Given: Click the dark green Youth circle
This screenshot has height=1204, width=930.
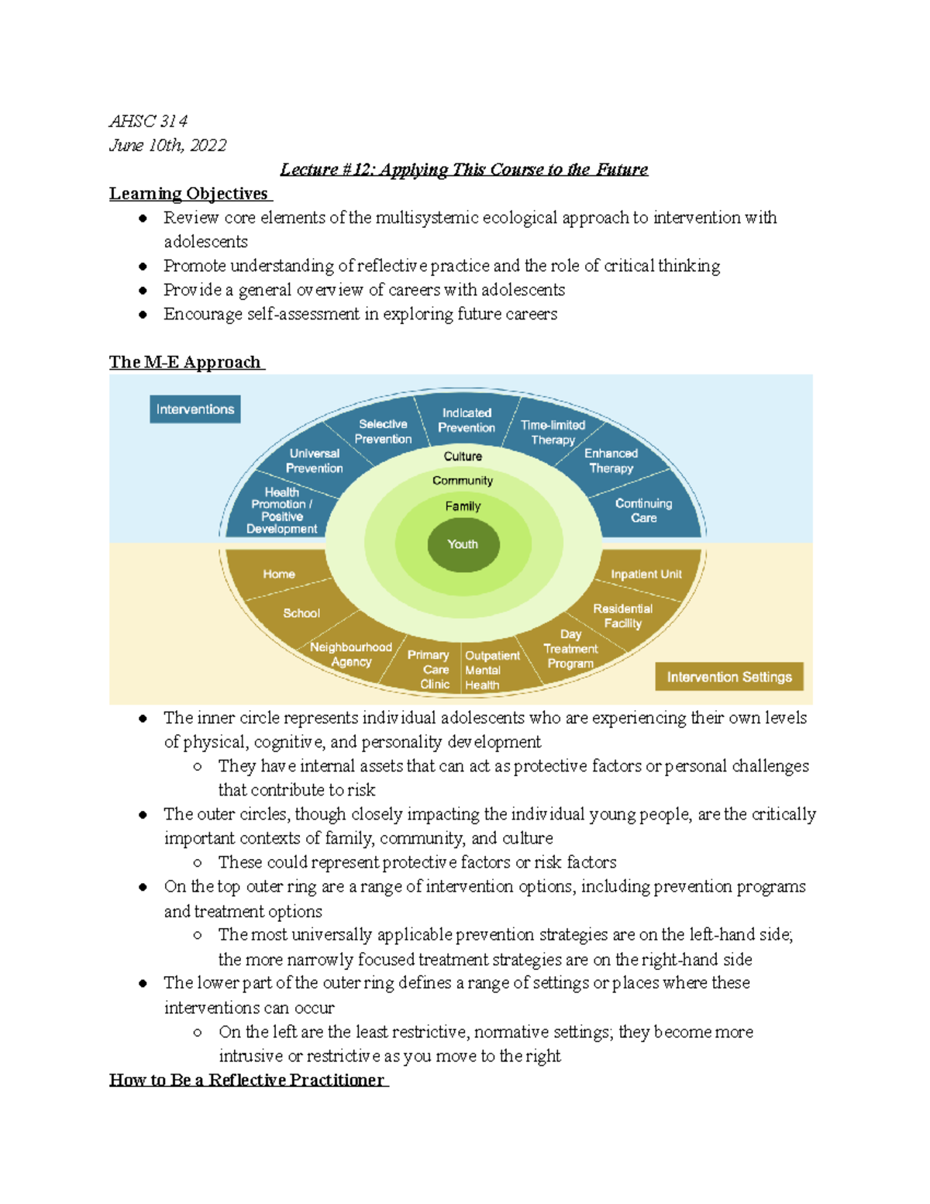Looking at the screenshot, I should click(x=463, y=544).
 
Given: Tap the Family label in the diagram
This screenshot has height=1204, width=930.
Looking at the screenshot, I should click(x=463, y=506).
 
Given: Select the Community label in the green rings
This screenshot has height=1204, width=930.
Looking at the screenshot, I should click(x=463, y=481).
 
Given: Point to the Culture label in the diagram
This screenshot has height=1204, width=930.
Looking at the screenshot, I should click(x=463, y=457).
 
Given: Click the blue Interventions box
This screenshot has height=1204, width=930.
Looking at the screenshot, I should click(x=195, y=409).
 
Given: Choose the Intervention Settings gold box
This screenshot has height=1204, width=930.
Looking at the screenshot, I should click(x=729, y=677).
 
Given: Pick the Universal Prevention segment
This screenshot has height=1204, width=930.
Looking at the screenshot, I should click(x=314, y=461).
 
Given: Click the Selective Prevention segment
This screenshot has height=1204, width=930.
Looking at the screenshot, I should click(x=383, y=431).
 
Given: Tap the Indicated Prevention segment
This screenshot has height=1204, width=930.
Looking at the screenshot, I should click(x=467, y=420).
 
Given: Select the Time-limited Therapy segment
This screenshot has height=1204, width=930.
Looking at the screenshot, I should click(x=553, y=432).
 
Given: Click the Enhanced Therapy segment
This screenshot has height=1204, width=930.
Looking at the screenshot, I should click(x=611, y=461).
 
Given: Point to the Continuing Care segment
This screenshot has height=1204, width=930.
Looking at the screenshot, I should click(x=643, y=510).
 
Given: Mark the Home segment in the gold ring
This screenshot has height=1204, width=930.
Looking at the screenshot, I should click(x=279, y=574).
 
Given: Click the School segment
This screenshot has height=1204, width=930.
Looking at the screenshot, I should click(x=301, y=613).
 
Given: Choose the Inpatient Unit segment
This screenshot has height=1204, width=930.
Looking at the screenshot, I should click(x=646, y=574).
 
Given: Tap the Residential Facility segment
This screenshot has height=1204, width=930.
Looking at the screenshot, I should click(x=623, y=616).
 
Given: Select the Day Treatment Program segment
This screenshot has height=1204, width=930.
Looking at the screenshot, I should click(x=570, y=649).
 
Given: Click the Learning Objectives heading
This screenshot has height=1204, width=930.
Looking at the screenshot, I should click(x=189, y=194).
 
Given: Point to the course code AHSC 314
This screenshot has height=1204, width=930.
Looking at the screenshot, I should click(x=148, y=121).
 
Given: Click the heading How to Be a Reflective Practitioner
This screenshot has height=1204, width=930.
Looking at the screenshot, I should click(x=247, y=1080).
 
